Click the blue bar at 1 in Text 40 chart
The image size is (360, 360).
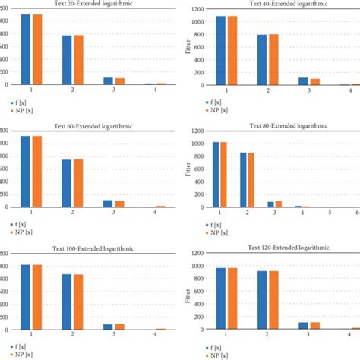click(221, 50)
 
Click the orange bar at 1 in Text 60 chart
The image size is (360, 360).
click(36, 171)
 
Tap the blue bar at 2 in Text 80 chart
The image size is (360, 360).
click(245, 179)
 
